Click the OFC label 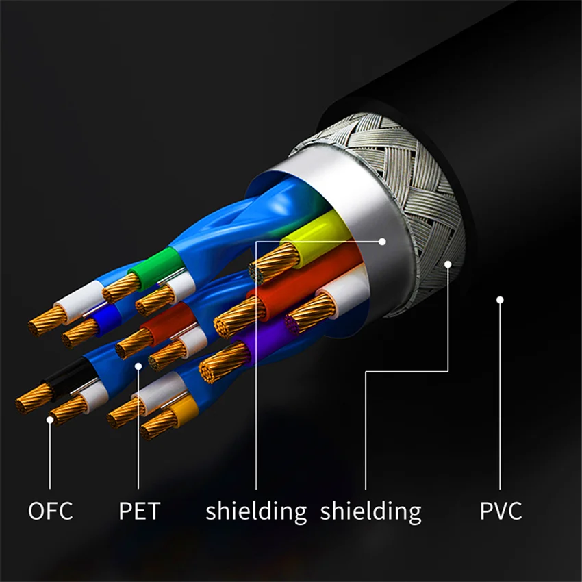coord(50,511)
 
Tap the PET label coord(139,511)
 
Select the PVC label coord(501,511)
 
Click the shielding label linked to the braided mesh coord(370,511)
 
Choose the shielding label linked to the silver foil coord(256,511)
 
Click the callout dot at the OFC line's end coord(50,419)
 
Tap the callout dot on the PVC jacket coord(501,299)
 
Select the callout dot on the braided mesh coord(448,264)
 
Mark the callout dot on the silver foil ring coord(383,241)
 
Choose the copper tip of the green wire coord(121,288)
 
